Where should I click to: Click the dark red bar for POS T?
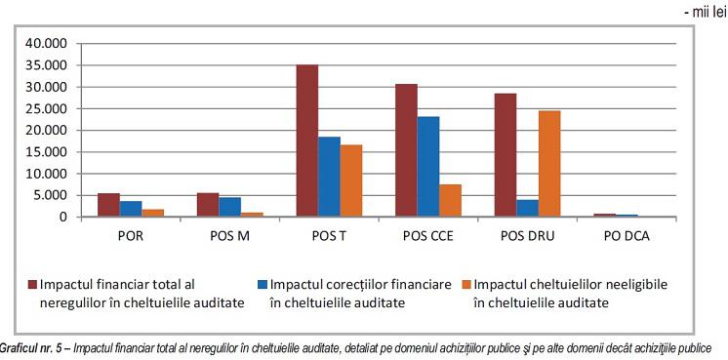(x=307, y=140)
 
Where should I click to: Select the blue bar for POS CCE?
(x=427, y=167)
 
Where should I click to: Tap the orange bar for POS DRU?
(x=549, y=164)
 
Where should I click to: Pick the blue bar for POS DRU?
(x=527, y=208)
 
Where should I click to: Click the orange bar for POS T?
(x=351, y=180)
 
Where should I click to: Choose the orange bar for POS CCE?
(x=450, y=200)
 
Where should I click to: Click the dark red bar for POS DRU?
(x=505, y=155)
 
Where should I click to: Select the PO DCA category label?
(x=627, y=237)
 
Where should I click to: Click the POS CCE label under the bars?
(x=426, y=237)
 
